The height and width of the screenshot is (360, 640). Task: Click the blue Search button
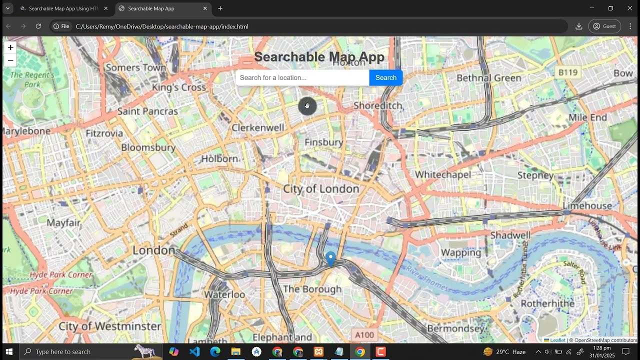tap(385, 77)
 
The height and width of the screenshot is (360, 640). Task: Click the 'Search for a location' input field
tap(302, 77)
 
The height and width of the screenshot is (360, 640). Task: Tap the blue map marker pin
tap(330, 258)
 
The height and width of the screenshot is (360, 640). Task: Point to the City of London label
tap(321, 189)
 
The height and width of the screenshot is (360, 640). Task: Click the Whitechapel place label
tap(443, 174)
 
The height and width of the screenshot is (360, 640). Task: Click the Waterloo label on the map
tap(224, 294)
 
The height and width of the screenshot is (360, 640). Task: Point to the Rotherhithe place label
tap(547, 303)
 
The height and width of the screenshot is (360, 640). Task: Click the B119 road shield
tap(567, 72)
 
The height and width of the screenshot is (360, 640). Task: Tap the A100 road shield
tap(363, 334)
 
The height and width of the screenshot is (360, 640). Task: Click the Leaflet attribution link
tap(557, 340)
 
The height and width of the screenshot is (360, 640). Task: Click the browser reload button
tap(38, 26)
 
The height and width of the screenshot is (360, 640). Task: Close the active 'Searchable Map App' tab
tap(205, 8)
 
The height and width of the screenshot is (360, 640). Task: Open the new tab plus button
tap(220, 8)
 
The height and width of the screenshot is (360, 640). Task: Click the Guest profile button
tap(604, 26)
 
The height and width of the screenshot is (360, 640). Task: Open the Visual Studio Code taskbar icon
tap(194, 351)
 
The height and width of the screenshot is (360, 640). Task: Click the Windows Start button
tap(8, 351)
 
